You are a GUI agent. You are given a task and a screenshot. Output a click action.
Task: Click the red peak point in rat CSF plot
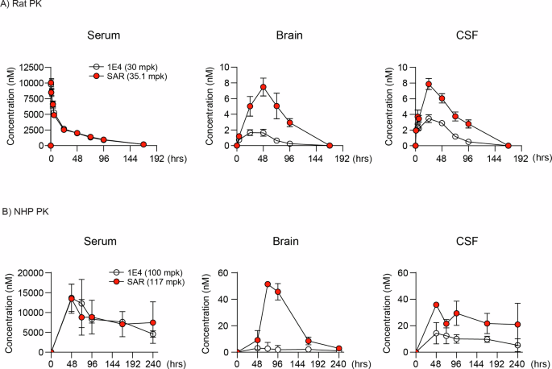pyautogui.click(x=429, y=85)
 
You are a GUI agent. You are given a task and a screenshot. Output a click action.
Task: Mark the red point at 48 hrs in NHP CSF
pyautogui.click(x=436, y=305)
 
